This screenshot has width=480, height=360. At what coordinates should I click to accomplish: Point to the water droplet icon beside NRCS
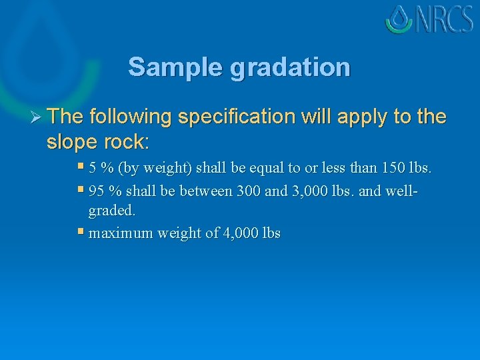(399, 19)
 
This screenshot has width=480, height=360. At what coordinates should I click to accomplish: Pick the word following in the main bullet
(129, 117)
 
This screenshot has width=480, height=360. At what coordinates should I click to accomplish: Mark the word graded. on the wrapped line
(111, 211)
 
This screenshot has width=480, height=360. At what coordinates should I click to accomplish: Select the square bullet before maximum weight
(81, 232)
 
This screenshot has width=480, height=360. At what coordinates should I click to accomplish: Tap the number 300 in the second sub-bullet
(247, 191)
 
